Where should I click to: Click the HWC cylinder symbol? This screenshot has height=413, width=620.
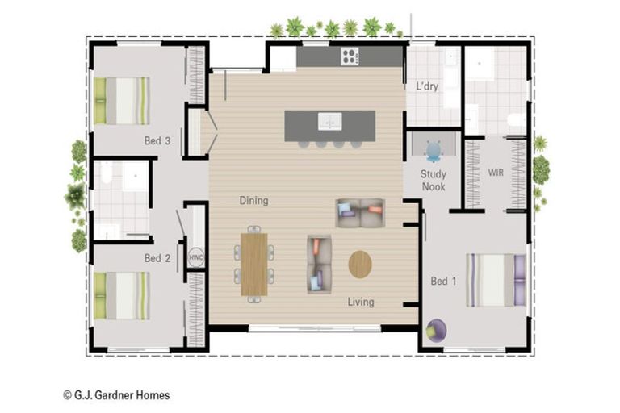[196, 257]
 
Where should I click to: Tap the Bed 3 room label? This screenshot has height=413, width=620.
[157, 140]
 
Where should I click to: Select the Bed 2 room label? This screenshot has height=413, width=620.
[157, 258]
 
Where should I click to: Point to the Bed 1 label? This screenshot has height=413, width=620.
[443, 282]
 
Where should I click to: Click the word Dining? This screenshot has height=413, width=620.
[253, 201]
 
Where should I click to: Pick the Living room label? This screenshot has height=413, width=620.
[361, 302]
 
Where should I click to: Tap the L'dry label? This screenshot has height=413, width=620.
[427, 86]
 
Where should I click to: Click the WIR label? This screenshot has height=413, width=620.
[496, 173]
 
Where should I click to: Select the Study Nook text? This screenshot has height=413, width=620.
[434, 180]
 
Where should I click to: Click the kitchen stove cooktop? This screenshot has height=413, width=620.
[350, 56]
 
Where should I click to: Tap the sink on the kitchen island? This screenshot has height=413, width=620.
[330, 122]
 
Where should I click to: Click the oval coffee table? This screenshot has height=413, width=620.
[360, 265]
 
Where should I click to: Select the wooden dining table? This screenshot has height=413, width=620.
[254, 265]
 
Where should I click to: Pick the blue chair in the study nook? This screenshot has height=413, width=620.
[434, 152]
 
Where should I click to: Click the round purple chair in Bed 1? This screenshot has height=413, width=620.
[437, 331]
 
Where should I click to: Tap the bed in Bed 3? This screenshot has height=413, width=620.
[122, 101]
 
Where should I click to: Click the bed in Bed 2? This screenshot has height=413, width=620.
[122, 295]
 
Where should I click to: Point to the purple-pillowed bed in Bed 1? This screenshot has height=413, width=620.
[496, 280]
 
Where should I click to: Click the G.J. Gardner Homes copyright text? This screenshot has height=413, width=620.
[116, 395]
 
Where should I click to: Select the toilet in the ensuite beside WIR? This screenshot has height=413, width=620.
[517, 119]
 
